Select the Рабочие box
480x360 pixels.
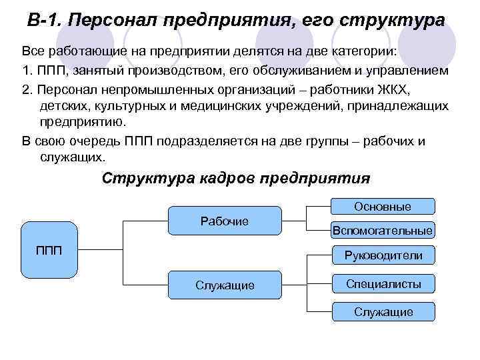(224, 221)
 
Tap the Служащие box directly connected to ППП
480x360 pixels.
(224, 285)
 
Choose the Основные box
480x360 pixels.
(383, 207)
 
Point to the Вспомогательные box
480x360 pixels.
(383, 231)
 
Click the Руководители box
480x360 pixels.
(383, 255)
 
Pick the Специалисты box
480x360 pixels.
(383, 284)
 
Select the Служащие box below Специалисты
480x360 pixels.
(383, 311)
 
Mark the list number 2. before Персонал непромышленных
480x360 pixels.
(27, 89)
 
